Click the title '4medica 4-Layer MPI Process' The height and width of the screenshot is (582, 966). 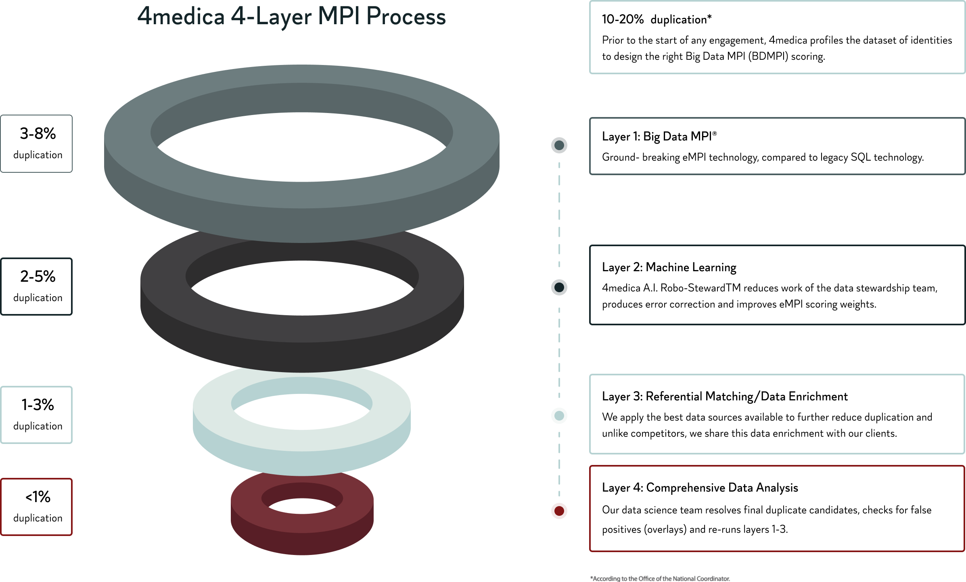(x=291, y=17)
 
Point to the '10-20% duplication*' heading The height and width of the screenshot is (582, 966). (x=657, y=19)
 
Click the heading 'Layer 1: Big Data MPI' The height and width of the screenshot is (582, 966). (x=659, y=136)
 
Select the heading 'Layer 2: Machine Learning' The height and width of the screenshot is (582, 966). (x=669, y=267)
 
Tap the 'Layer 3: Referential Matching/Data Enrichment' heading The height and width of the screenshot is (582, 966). (x=725, y=396)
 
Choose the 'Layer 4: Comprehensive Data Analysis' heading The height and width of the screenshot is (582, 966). (x=700, y=488)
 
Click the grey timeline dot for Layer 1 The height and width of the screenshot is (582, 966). (x=559, y=145)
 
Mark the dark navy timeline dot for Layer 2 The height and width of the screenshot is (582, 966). (x=559, y=287)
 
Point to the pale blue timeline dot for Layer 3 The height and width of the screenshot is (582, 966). (x=559, y=415)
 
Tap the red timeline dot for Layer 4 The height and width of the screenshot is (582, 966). (x=559, y=511)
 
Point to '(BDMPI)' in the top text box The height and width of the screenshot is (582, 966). (x=768, y=57)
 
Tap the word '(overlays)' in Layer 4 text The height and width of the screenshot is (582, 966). (x=665, y=530)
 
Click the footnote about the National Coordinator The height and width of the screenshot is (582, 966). (x=660, y=578)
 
